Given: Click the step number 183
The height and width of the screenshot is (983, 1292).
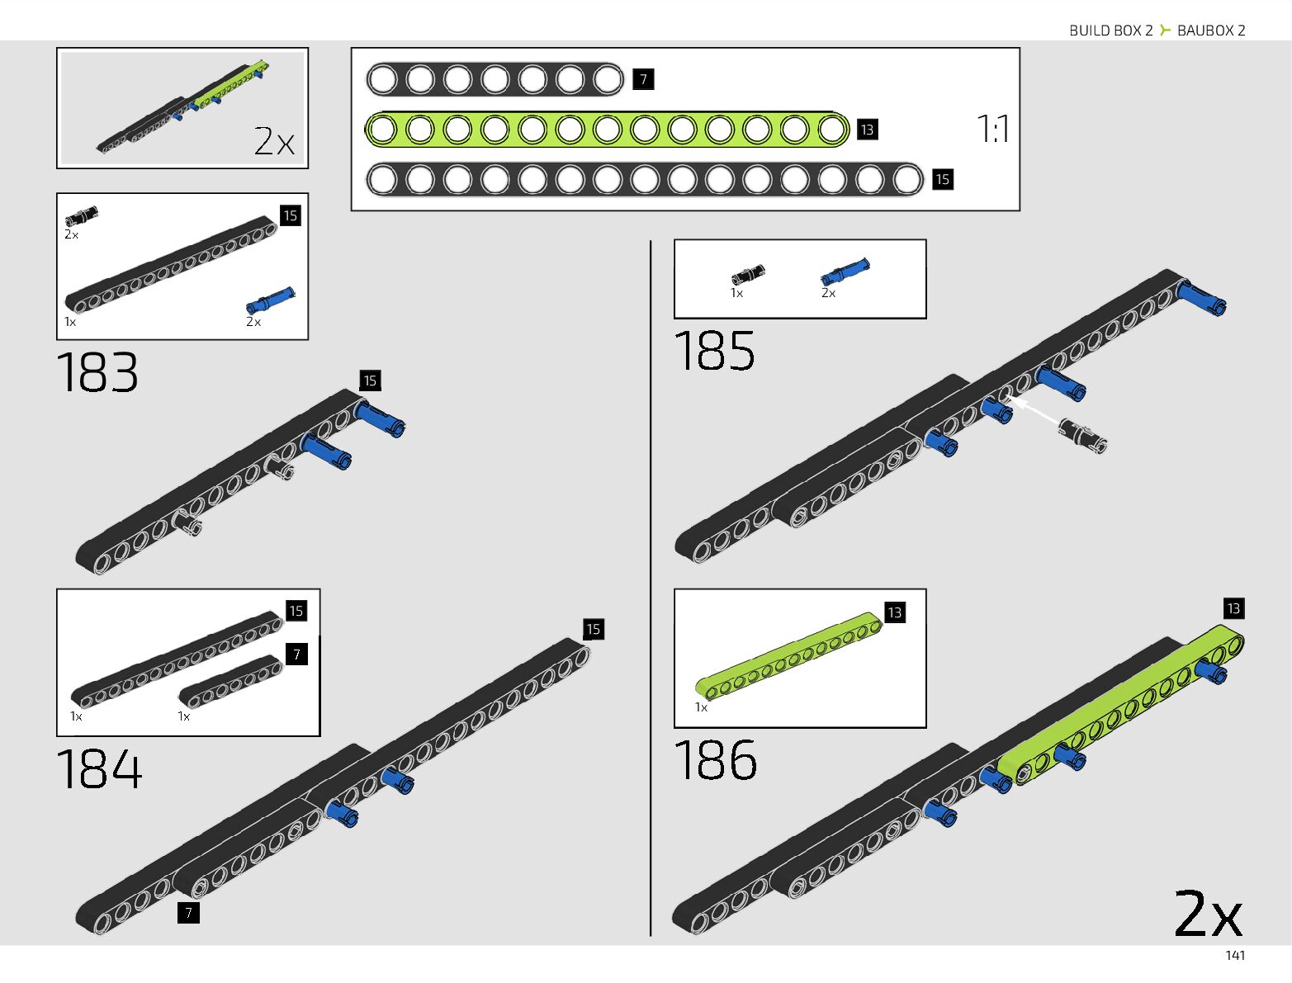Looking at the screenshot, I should coord(97,373).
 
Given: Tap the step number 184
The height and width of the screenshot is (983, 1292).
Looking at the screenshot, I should coord(99,769).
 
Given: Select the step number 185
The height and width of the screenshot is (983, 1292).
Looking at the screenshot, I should coord(715,351).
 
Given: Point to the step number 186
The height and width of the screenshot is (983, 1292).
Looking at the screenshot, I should coord(716,759).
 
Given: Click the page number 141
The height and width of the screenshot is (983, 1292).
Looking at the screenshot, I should coord(1235,956).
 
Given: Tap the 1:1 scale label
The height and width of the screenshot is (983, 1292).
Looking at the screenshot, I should coord(992,129).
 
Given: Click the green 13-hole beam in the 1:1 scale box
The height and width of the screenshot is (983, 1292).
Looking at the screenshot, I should coord(607,130).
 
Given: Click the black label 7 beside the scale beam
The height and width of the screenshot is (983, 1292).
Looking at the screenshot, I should coord(643,80).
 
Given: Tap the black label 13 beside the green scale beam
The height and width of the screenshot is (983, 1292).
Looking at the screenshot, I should coord(867,130).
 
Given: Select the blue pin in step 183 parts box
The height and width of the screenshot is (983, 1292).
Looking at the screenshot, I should coord(270,300).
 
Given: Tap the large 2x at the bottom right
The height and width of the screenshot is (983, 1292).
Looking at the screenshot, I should coord(1208,914).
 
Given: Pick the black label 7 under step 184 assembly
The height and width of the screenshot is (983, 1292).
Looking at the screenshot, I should coord(188,913).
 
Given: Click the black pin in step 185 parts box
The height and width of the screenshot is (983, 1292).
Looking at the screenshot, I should coord(748,275).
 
